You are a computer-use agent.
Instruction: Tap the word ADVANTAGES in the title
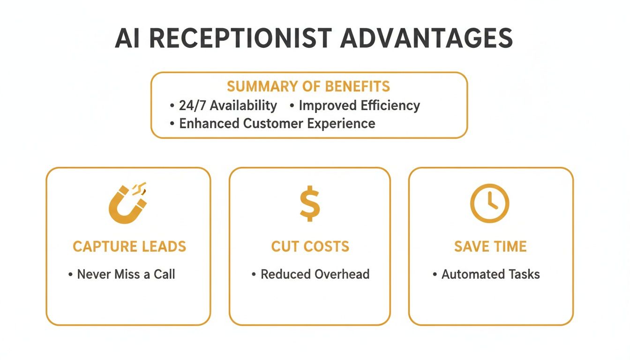coord(427,38)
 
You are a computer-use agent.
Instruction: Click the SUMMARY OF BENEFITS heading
coord(308,87)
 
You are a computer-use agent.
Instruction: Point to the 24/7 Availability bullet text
coord(228,105)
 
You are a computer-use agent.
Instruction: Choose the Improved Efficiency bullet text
coord(359,105)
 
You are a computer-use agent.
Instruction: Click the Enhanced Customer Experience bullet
coord(277,123)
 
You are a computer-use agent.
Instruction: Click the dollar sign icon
coord(310,203)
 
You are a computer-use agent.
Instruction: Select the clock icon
coord(489,203)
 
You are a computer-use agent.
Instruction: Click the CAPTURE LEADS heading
coord(129,247)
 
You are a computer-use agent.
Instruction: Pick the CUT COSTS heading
coord(310,247)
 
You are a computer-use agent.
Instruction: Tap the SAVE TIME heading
coord(490,247)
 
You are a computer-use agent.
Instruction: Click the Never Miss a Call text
coord(126,274)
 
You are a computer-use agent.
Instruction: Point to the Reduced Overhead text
coord(315,274)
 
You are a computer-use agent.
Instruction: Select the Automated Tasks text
coord(490,274)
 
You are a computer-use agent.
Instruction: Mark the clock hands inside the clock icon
coord(491,202)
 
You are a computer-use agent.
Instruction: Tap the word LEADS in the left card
coord(162,247)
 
